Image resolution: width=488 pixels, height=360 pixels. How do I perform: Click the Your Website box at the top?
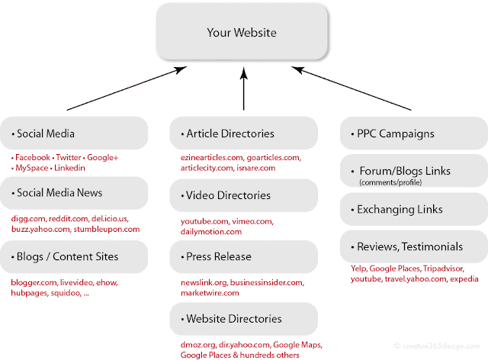coord(243,33)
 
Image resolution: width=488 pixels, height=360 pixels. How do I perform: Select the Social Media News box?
coord(74,192)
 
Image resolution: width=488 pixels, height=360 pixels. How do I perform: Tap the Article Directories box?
coord(243,133)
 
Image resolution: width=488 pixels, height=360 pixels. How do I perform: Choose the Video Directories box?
coord(243,195)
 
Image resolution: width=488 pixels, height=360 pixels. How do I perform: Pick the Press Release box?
coord(243,256)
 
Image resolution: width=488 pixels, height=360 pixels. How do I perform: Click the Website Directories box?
coord(243,318)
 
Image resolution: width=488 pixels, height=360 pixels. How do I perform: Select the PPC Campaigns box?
coord(413,133)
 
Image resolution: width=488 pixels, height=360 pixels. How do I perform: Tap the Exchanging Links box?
coord(413,209)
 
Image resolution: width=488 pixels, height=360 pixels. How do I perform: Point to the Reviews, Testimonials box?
coord(413,246)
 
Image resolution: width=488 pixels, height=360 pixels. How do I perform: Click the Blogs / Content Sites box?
coord(74,256)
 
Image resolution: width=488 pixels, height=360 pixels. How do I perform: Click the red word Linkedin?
coord(69,167)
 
